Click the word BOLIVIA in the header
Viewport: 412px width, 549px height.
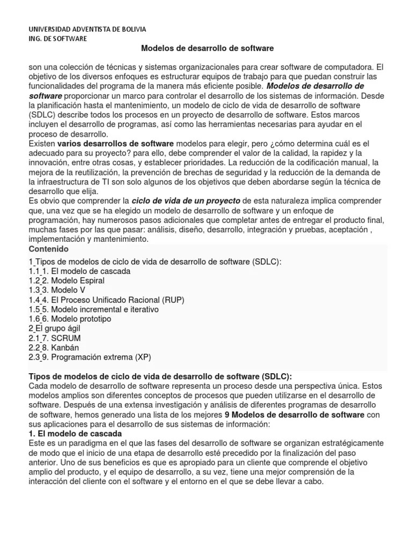coord(131,29)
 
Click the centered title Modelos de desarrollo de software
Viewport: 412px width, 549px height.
coord(207,48)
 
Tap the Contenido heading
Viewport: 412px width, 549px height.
coord(48,249)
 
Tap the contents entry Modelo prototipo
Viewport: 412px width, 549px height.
coord(80,319)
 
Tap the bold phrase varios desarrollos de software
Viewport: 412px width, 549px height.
coord(115,143)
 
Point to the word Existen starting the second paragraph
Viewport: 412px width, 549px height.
coord(42,143)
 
